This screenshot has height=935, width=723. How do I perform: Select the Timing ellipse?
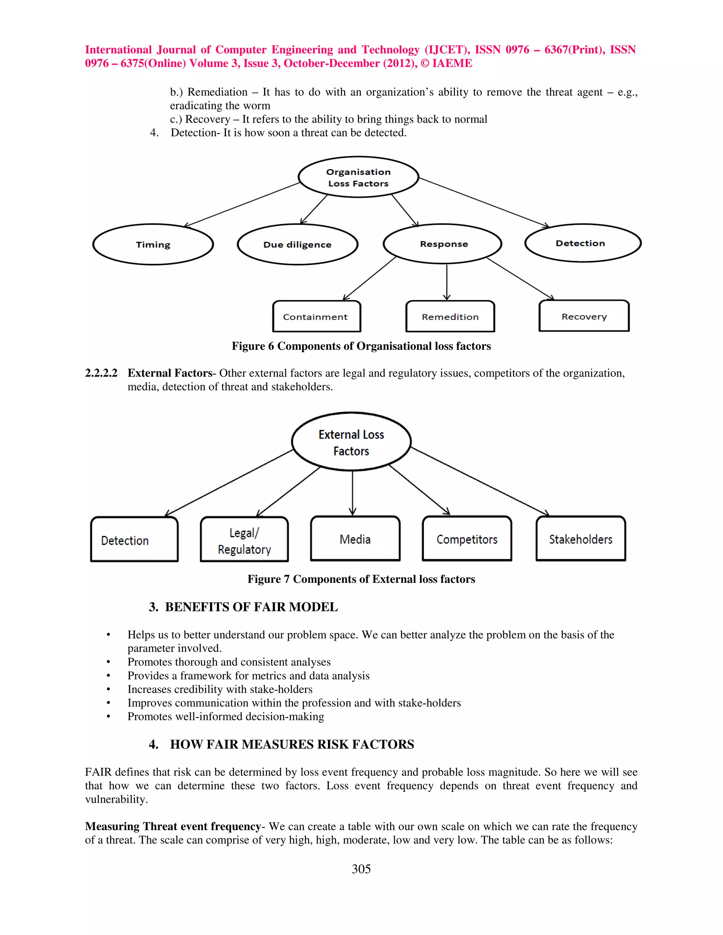coord(153,245)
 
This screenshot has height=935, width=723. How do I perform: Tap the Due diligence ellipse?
coord(297,245)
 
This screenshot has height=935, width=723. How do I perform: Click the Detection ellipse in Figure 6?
coord(582,243)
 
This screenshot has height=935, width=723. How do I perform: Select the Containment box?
coord(317,316)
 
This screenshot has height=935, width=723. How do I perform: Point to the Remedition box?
coord(450,316)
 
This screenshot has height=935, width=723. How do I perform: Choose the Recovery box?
coord(584,316)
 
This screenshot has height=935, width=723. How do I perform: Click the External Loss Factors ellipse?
coord(351,442)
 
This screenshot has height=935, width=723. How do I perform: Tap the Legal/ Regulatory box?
coord(244,539)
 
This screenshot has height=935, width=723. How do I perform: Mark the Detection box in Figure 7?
coord(134,539)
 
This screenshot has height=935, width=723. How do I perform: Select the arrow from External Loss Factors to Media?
coord(353,492)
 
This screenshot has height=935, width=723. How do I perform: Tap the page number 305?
coord(361,869)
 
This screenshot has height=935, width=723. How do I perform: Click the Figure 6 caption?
coord(361,346)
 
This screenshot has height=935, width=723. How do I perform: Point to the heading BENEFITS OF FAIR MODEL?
coord(251,607)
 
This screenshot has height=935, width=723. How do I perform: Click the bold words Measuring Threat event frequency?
coord(173,826)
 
